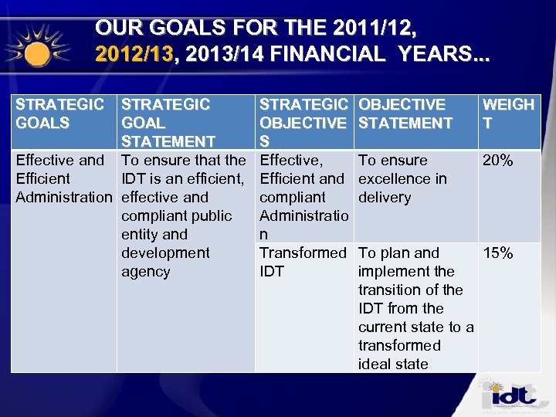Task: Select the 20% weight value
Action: (x=497, y=161)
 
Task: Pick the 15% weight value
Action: (x=497, y=253)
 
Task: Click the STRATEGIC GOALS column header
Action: (x=60, y=114)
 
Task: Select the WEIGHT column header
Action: (x=507, y=114)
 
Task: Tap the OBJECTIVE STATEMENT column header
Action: (x=405, y=114)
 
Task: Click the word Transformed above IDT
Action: (x=303, y=253)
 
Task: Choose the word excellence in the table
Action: (x=394, y=179)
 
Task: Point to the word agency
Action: (x=146, y=272)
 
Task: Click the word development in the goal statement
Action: (x=165, y=253)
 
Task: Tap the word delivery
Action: (x=385, y=198)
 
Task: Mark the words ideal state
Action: (x=393, y=364)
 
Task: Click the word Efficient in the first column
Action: (x=42, y=179)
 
